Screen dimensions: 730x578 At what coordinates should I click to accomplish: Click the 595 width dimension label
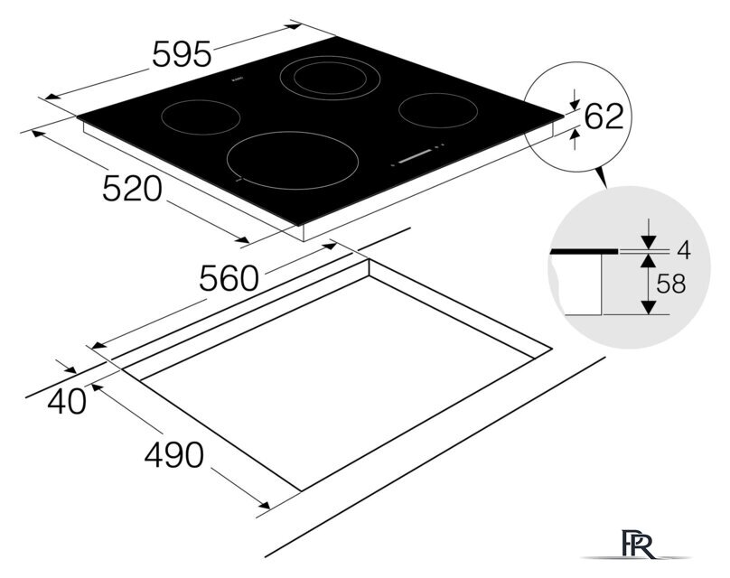pos(182,54)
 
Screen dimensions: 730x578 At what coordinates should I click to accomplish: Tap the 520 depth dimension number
pos(132,189)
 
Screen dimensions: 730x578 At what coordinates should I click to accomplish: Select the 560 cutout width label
pos(229,278)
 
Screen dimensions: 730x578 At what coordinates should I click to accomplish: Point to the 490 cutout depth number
pos(174,454)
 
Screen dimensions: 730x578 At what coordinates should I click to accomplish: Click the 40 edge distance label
pos(67,401)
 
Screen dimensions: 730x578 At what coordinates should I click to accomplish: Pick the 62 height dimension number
pos(604,117)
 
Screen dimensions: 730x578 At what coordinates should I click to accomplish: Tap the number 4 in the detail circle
pos(683,251)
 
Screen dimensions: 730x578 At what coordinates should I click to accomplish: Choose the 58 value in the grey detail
pos(671,284)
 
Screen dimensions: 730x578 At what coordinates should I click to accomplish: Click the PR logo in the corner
pos(639,543)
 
